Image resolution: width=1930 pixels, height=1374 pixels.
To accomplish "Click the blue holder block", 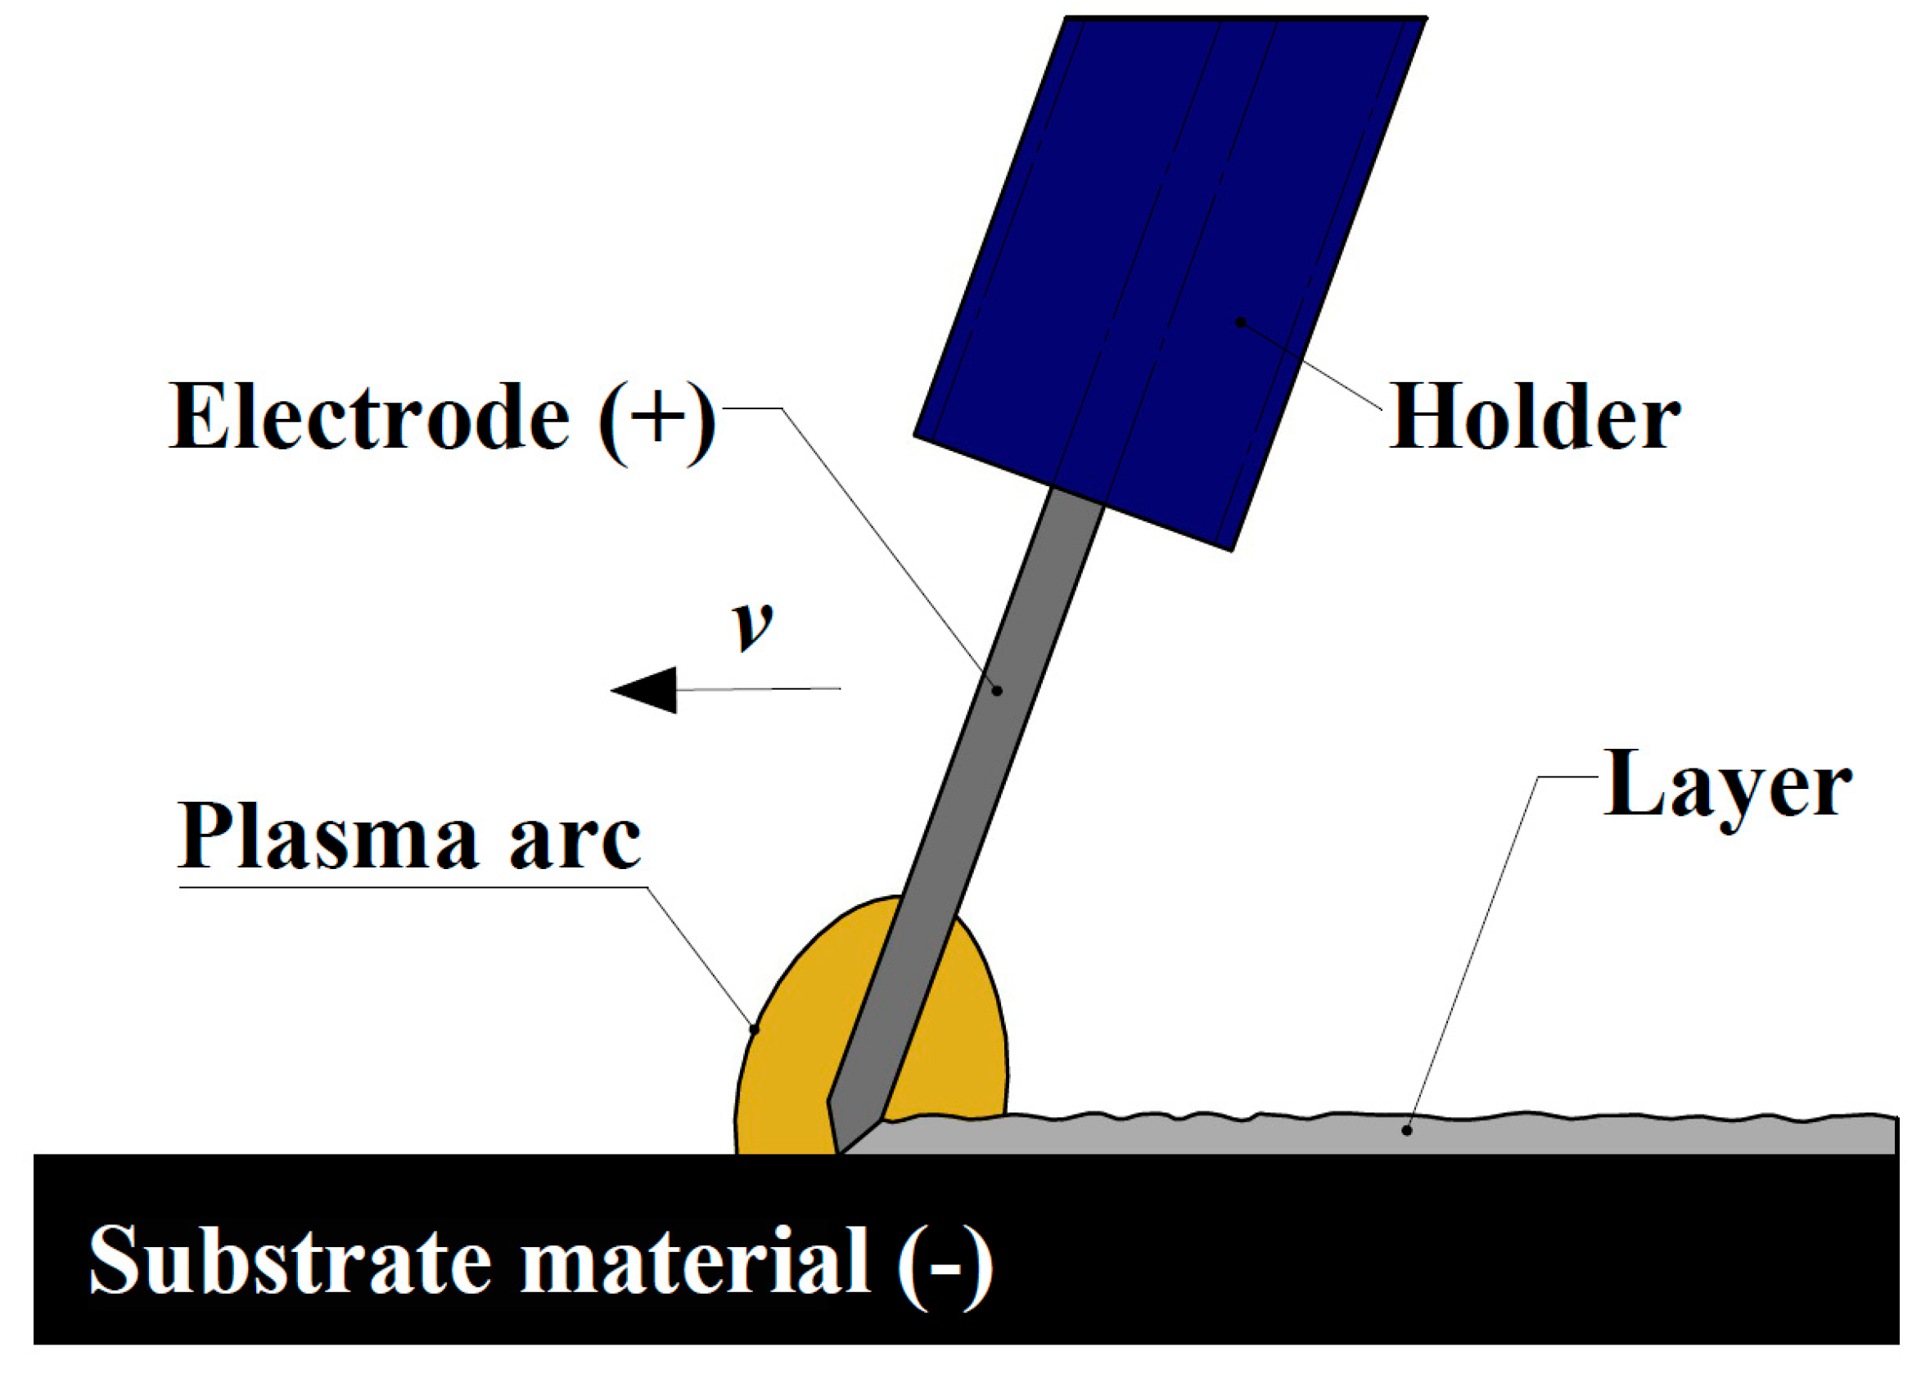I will (1168, 254).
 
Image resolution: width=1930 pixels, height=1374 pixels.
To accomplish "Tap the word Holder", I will (1533, 417).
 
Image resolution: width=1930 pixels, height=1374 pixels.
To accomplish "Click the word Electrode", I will (369, 417).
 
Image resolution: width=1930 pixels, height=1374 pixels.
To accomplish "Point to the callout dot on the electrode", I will (998, 692).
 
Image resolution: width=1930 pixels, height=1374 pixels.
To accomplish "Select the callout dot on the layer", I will (1407, 1130).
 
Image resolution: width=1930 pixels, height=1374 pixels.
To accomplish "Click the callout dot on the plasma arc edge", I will (755, 1029).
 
